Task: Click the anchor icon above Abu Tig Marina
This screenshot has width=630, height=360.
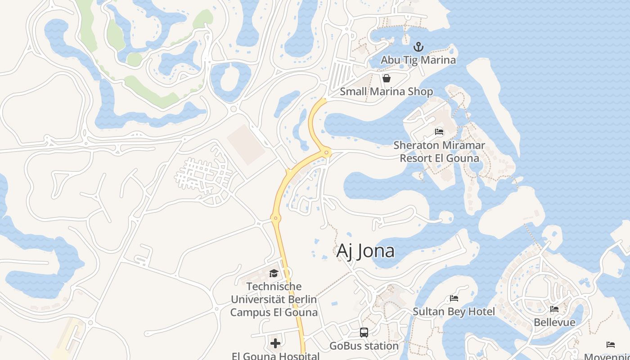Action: (418, 47)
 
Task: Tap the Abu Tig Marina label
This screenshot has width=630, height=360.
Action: (418, 60)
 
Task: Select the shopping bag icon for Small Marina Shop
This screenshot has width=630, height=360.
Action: (386, 79)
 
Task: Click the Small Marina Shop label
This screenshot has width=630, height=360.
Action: (386, 92)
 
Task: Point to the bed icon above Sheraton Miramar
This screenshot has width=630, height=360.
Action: (439, 132)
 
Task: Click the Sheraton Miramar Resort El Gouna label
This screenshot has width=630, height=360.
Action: (439, 152)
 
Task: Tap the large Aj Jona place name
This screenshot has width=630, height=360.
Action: (365, 251)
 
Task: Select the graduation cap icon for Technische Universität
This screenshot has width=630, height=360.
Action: (274, 273)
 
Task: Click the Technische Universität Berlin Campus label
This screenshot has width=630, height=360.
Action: (274, 299)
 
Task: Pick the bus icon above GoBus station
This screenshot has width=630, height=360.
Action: (364, 333)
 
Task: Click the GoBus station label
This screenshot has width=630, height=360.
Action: (364, 346)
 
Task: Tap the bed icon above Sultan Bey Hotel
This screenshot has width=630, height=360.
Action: (454, 298)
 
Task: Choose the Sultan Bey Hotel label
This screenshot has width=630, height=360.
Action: (454, 311)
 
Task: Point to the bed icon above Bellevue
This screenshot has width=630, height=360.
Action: (554, 309)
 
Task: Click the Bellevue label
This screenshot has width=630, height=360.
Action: (554, 322)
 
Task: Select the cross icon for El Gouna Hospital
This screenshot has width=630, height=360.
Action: (275, 343)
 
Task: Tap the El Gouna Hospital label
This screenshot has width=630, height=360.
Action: (275, 356)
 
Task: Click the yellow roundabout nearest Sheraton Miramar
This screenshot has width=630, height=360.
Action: (327, 153)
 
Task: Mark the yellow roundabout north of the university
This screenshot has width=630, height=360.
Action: (276, 218)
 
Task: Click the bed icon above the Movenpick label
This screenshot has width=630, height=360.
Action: (610, 345)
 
